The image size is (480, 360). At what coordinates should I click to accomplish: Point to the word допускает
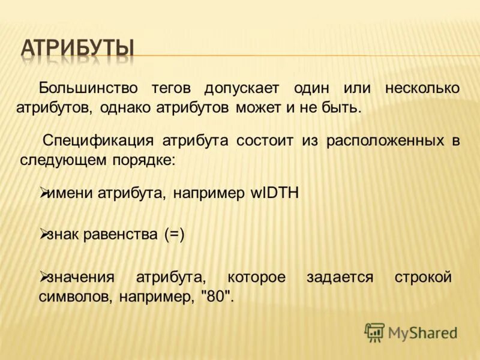coord(242,88)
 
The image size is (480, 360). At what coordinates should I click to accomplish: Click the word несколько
coord(422,88)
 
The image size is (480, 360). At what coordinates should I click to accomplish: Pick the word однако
coord(126,108)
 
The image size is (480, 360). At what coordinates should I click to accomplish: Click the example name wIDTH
coord(274,193)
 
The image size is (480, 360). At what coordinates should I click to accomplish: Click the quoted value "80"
coord(217,296)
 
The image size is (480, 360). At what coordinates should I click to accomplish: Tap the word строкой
coord(423,277)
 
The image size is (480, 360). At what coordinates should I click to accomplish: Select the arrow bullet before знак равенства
coord(43,233)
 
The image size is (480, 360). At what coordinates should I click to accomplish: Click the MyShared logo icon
coord(374,332)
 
